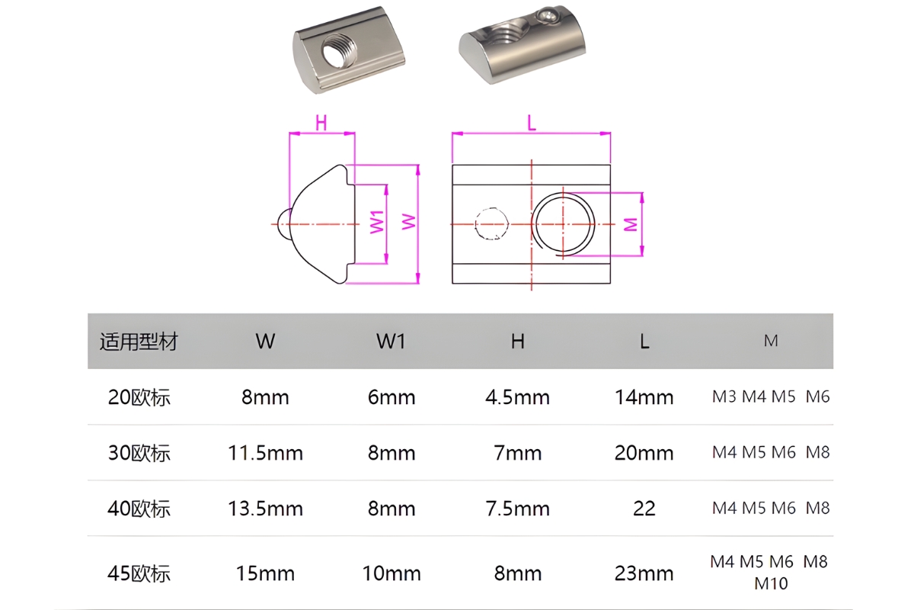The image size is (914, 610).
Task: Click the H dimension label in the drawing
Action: [321, 123]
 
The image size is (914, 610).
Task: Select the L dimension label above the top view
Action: [532, 123]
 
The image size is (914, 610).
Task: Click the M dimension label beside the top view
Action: [631, 224]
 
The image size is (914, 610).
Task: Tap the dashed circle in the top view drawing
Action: [491, 224]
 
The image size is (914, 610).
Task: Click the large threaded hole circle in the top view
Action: [564, 223]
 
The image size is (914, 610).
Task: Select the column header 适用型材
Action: [139, 342]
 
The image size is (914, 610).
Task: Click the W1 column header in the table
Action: [391, 342]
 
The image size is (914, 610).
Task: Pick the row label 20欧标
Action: [139, 397]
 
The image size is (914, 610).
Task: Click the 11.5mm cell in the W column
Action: [265, 453]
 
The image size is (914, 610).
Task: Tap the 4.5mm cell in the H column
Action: [517, 397]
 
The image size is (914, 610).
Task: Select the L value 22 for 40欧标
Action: [644, 509]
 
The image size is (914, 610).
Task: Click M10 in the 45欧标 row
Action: [771, 584]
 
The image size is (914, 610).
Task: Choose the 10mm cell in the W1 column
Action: [391, 573]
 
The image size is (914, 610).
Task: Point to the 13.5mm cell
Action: [265, 509]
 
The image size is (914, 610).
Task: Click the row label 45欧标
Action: [139, 573]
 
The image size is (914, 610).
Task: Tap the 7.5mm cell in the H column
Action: [517, 509]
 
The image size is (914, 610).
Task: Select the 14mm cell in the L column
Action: [644, 397]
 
